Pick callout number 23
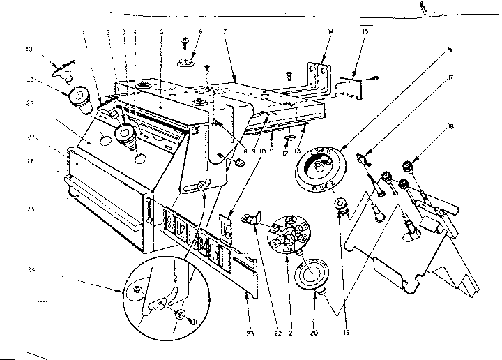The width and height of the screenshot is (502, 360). click(249, 334)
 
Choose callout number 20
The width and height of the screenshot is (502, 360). click(314, 334)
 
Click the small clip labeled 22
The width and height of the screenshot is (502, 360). click(250, 219)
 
